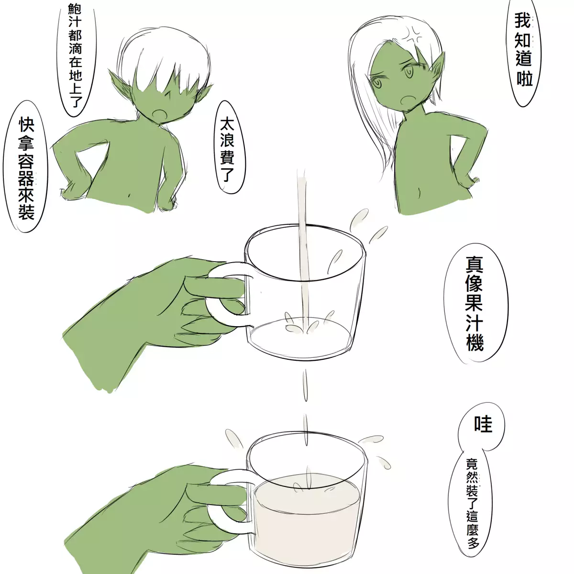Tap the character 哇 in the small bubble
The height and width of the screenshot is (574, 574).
[483, 424]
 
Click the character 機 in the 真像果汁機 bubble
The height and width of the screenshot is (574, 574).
[474, 342]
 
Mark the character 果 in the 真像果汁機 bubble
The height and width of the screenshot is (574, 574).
[474, 300]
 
